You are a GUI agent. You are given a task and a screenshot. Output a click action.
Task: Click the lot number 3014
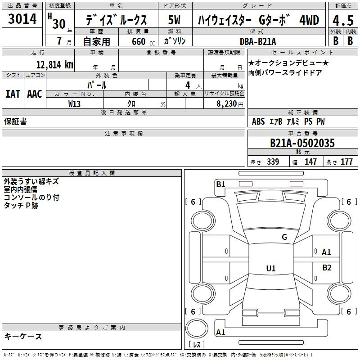point(23,20)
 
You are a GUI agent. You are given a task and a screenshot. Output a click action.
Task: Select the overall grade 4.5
point(342,20)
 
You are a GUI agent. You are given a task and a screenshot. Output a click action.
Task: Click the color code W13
point(75,103)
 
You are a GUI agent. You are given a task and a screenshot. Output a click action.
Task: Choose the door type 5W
point(175,20)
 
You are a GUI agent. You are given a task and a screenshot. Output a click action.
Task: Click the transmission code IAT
point(13,94)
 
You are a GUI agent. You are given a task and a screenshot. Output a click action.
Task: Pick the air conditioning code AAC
point(35,94)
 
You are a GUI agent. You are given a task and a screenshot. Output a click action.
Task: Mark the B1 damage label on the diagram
point(220,184)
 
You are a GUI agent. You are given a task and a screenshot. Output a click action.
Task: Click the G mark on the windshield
point(284,237)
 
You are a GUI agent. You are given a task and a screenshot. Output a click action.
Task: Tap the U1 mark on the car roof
point(270,269)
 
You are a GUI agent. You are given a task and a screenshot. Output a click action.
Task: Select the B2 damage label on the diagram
point(327,268)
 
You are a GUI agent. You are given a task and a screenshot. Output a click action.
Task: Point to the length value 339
point(272,162)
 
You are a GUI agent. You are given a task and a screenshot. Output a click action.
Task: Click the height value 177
point(346,162)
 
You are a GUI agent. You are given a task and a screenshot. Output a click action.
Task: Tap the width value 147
point(310,162)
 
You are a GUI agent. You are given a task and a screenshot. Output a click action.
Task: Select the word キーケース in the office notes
point(23,337)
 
